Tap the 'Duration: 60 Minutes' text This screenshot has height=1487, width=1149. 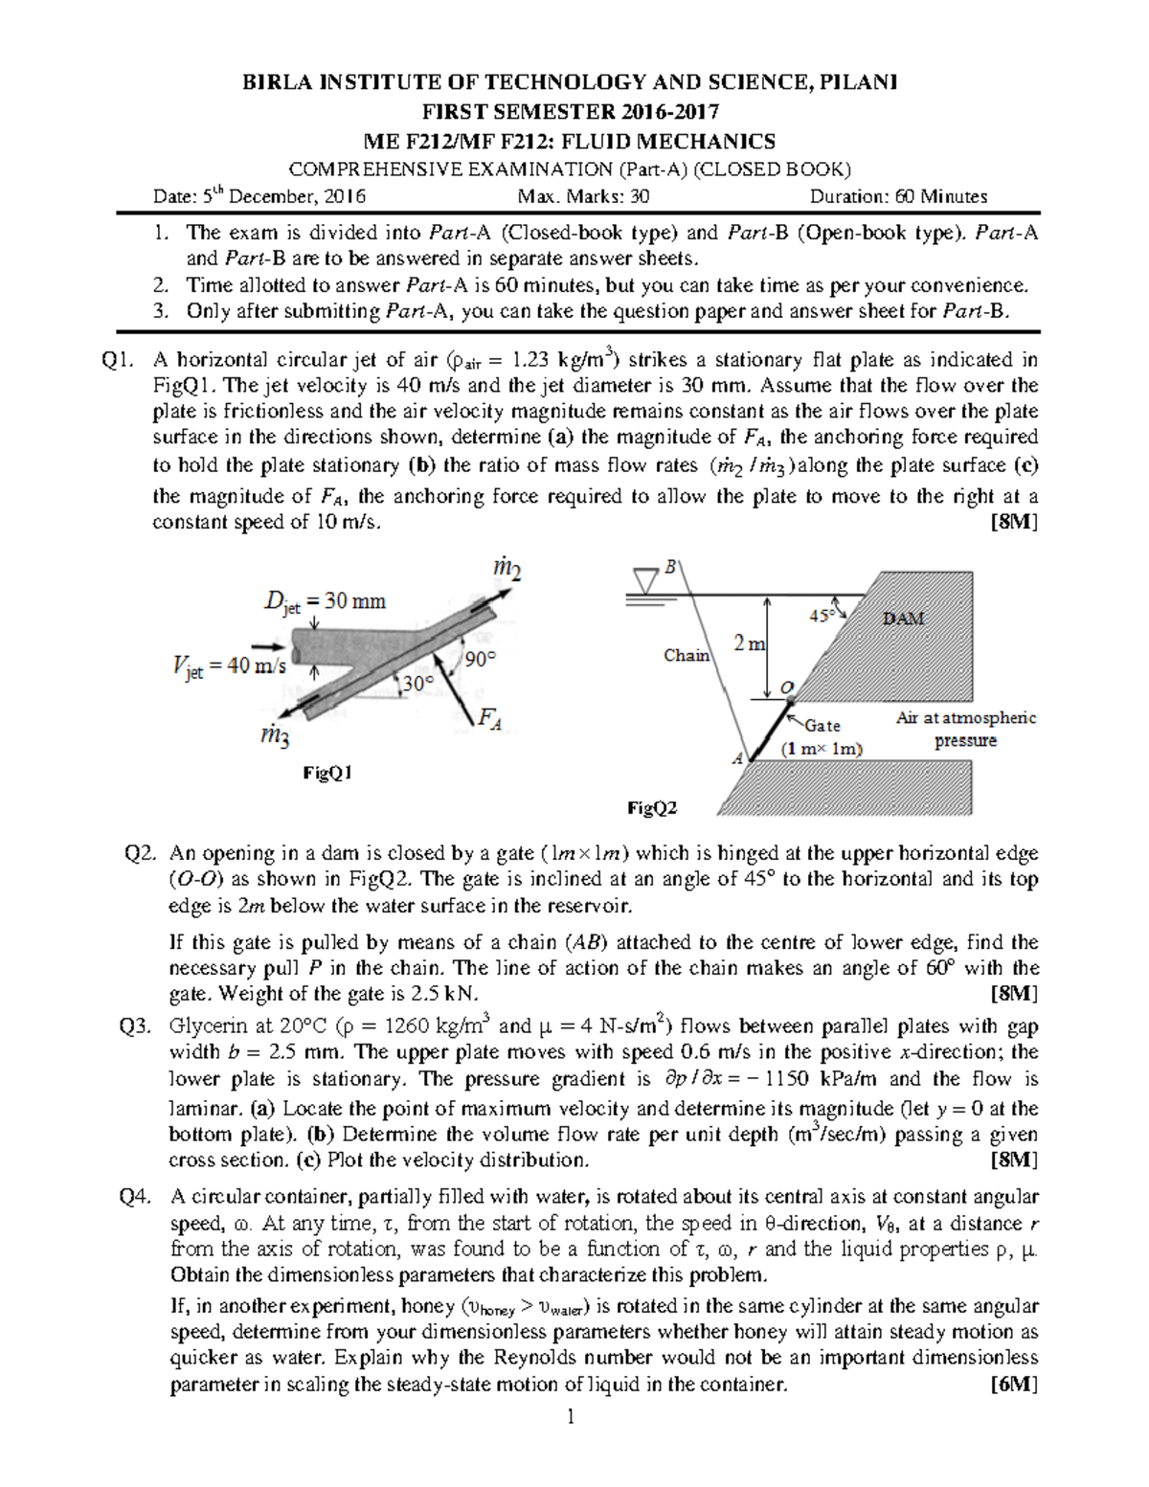click(x=898, y=197)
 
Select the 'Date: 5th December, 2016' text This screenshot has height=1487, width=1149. click(x=259, y=197)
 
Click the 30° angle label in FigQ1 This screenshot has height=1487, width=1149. click(x=417, y=684)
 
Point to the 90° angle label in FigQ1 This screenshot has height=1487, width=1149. click(x=481, y=659)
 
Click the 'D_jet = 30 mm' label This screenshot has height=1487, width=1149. click(x=324, y=602)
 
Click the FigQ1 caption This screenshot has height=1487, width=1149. click(x=327, y=773)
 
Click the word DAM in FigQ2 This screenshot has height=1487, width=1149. click(x=903, y=619)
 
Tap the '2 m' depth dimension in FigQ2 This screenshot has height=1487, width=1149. click(x=750, y=644)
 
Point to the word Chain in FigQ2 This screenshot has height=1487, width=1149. click(x=687, y=656)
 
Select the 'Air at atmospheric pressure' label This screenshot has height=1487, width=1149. click(x=965, y=729)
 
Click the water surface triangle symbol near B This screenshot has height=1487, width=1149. click(x=646, y=580)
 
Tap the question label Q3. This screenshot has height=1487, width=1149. click(x=135, y=1026)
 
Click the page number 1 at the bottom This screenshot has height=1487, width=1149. click(x=571, y=1417)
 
